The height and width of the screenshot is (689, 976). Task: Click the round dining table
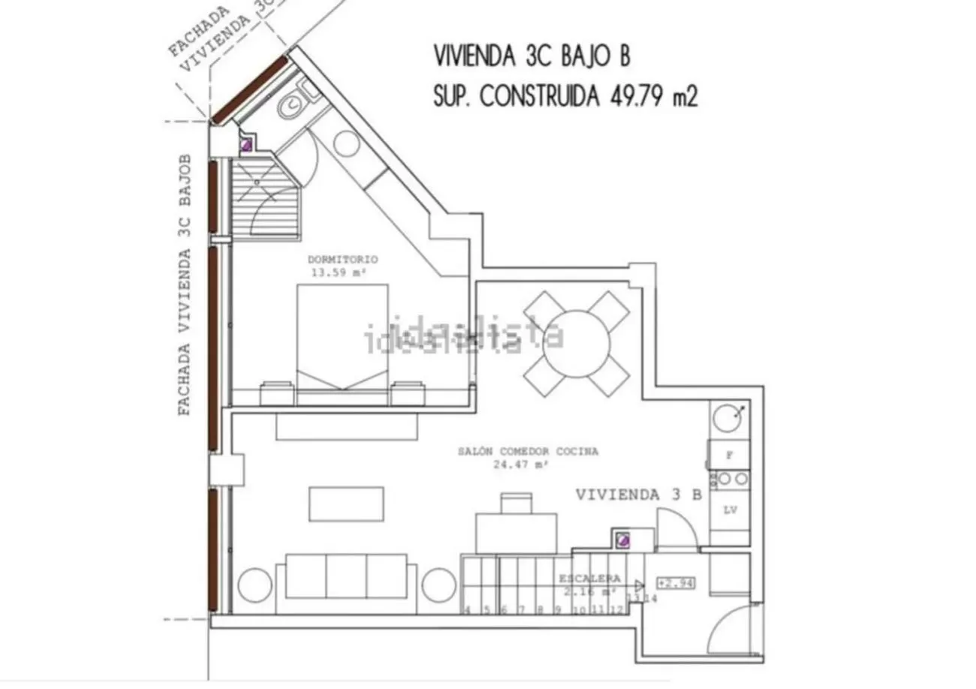(576, 343)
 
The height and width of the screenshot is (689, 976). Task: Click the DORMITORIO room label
(342, 260)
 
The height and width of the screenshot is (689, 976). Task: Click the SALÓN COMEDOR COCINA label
(528, 452)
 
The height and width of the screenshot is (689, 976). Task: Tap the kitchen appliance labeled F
(730, 455)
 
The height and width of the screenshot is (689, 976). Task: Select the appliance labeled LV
(730, 510)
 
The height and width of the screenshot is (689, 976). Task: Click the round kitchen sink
(727, 417)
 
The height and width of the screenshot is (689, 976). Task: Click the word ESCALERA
(589, 579)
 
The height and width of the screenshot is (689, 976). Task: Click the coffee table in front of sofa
(346, 504)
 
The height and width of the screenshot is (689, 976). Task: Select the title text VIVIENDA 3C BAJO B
(532, 56)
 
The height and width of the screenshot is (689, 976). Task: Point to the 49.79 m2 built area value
(650, 97)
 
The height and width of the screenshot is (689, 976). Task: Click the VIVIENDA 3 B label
(639, 495)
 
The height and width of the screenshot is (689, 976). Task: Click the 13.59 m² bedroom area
(338, 272)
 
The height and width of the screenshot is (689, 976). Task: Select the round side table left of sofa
(255, 585)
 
